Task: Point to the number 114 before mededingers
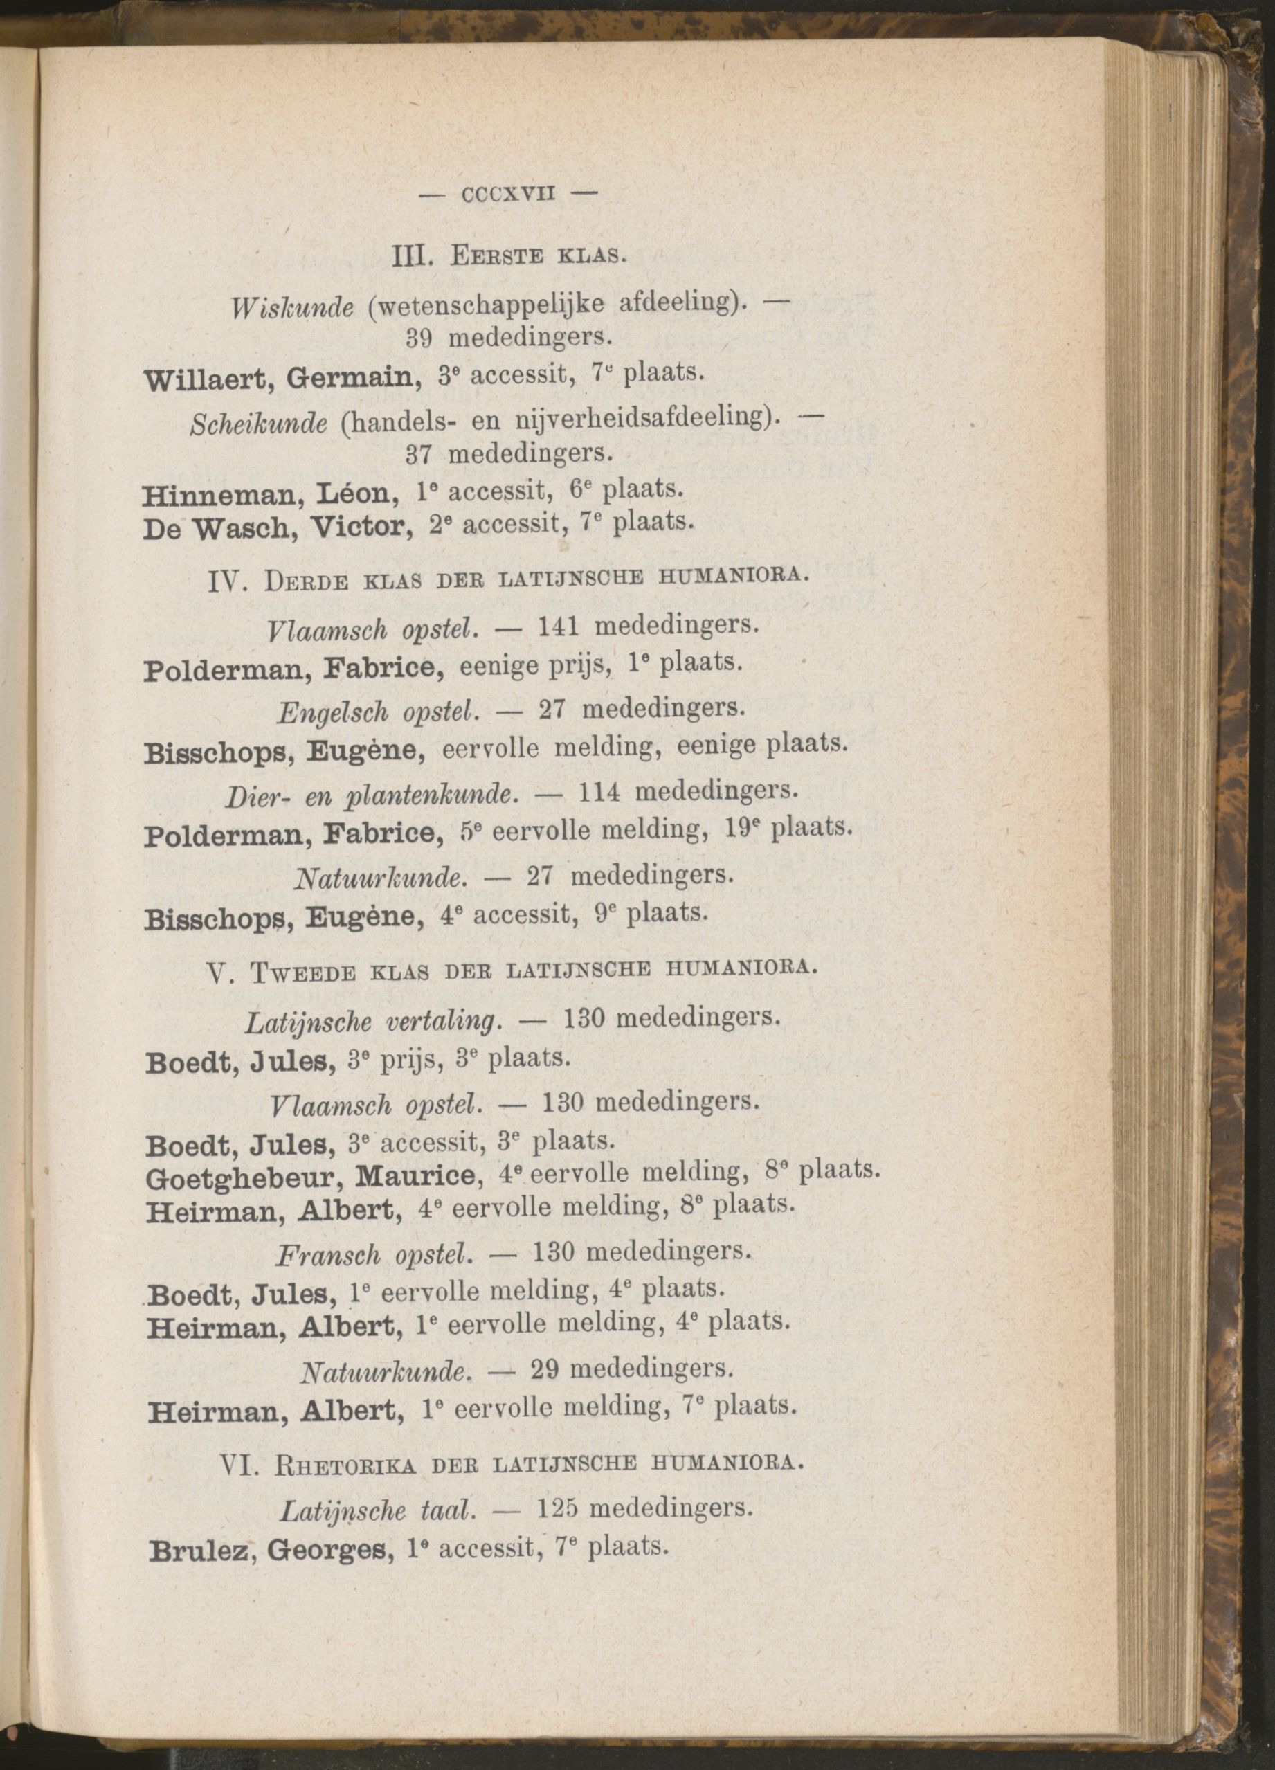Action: pos(600,792)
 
